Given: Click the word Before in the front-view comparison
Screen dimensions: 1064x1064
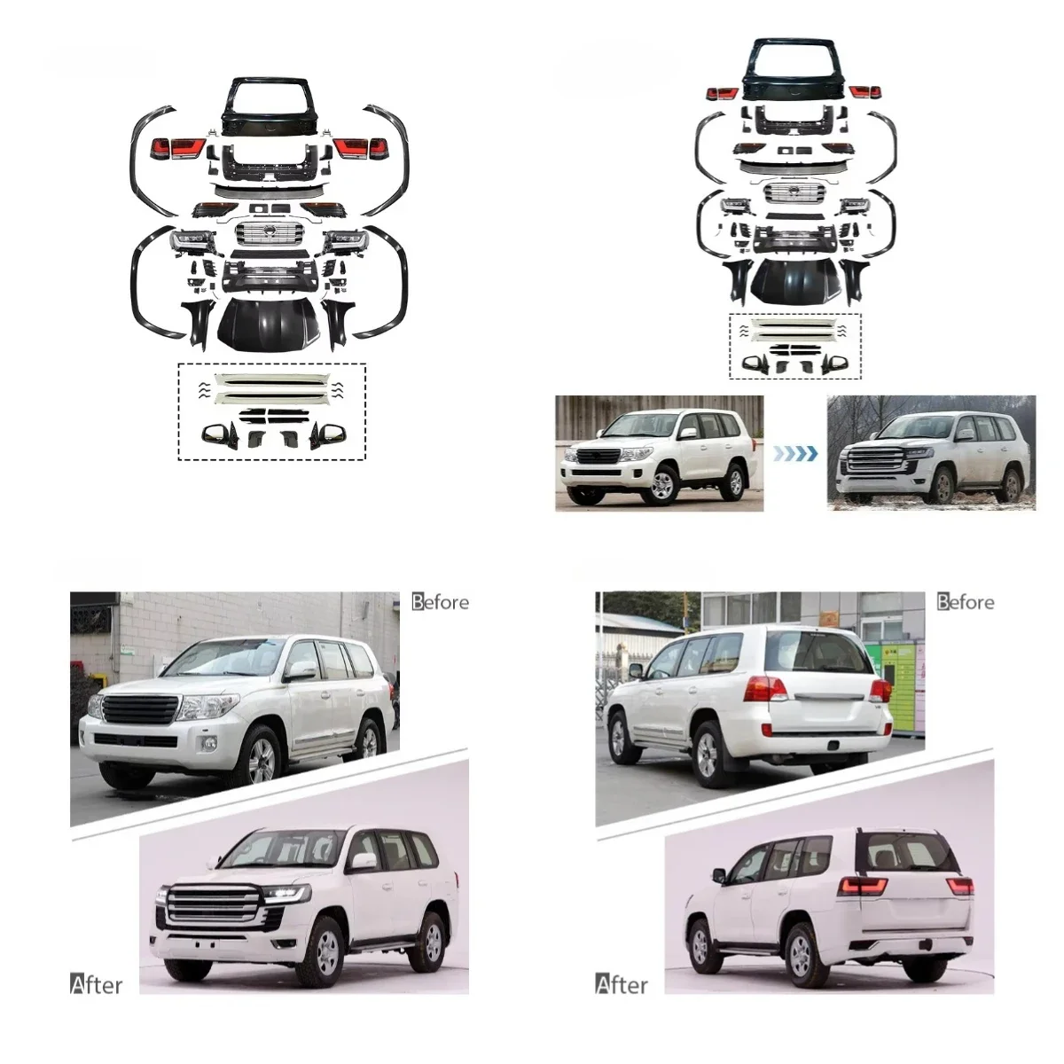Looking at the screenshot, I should pyautogui.click(x=441, y=602).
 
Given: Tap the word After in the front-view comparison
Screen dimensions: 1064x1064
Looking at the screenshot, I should pyautogui.click(x=96, y=984).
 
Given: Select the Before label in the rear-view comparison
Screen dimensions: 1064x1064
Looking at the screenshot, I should pyautogui.click(x=966, y=602).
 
